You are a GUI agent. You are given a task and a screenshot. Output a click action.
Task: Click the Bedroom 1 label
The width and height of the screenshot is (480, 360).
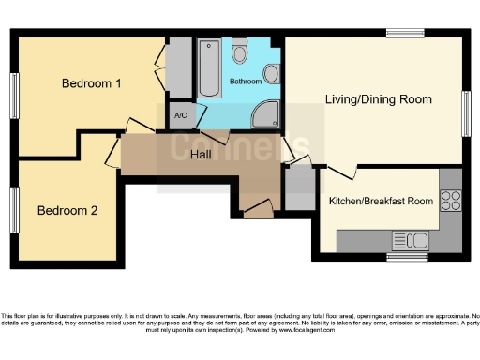[92, 83]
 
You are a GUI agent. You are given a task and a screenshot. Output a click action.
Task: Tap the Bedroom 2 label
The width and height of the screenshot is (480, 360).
[67, 210]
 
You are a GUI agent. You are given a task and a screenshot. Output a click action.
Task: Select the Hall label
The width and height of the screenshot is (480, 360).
[202, 154]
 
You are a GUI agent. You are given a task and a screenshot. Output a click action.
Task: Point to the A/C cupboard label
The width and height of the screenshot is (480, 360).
[180, 117]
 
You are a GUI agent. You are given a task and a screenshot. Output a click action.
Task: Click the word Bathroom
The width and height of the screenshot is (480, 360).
[246, 82]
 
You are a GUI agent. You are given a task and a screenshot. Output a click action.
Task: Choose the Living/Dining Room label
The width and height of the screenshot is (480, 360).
[378, 98]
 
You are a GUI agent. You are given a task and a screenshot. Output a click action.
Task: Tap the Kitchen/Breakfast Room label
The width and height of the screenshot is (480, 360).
[381, 201]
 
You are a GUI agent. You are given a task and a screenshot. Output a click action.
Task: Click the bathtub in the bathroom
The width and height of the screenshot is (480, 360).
[210, 67]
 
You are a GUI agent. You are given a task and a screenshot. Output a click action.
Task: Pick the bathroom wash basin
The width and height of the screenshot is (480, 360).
[271, 74]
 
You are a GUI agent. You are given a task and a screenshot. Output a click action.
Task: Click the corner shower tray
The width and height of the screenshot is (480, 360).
[266, 113]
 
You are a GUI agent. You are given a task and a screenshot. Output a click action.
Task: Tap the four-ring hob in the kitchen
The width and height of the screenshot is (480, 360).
[450, 200]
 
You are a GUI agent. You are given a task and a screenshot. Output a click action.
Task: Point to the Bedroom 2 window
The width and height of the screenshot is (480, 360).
[14, 209]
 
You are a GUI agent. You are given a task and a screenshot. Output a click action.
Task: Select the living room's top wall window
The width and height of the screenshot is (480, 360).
[404, 34]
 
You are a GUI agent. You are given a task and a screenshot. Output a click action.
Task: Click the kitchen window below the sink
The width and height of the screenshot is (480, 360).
[407, 256]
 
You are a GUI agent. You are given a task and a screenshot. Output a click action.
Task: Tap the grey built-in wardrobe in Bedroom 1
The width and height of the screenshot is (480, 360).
[177, 68]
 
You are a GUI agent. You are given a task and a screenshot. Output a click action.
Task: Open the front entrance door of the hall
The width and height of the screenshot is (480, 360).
[258, 209]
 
